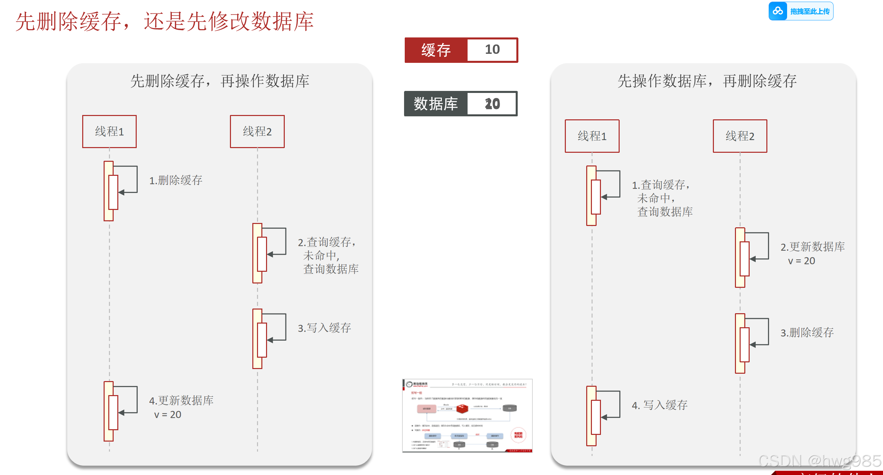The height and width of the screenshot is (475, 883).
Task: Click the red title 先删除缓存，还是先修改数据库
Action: point(164,21)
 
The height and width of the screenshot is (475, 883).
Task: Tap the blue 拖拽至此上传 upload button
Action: point(801,11)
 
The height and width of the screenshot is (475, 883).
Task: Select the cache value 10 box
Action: point(492,50)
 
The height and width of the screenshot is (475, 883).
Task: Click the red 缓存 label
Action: point(436,50)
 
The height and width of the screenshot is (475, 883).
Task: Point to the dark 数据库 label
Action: point(435,104)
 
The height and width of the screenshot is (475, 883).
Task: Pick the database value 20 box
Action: point(492,104)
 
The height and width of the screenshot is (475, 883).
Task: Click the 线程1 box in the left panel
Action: point(109,132)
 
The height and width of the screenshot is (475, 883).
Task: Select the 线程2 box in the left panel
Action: point(257,132)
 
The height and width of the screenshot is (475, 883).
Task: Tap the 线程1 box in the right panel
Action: point(592,136)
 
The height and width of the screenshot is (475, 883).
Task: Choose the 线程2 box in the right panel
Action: point(740,136)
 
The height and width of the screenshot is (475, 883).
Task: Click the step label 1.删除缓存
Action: point(175,180)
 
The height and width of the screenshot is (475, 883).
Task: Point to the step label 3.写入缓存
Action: point(324,328)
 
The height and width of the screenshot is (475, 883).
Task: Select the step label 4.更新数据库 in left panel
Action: point(181,400)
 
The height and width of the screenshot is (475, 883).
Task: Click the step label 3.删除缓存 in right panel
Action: point(807,332)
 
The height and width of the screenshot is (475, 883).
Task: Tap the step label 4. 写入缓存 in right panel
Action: point(659,405)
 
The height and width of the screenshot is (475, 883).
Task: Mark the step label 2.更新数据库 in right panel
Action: point(812,247)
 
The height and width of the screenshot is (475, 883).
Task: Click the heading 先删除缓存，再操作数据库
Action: point(220,81)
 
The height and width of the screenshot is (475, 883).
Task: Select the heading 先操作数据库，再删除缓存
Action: point(707,81)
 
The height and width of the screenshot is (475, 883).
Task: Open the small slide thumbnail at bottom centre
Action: point(467,416)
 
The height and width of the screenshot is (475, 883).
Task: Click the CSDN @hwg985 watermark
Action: point(819,461)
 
